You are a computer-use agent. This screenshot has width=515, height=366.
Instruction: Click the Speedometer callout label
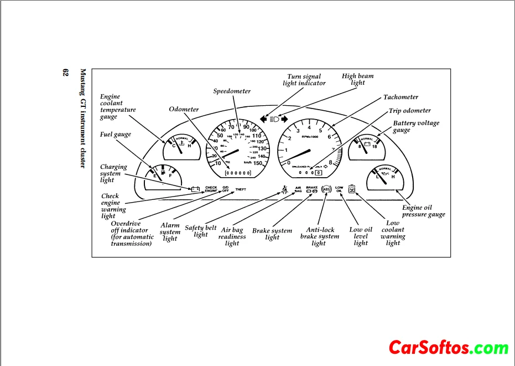pos(232,91)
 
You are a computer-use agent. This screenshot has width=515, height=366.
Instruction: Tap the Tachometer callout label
pos(400,97)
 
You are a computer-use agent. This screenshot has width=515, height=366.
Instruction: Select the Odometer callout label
pos(184,110)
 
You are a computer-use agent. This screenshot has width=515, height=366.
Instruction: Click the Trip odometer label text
pos(409,111)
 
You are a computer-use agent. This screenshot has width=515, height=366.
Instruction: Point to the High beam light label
pos(357,80)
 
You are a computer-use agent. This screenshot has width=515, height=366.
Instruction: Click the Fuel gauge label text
pos(115,135)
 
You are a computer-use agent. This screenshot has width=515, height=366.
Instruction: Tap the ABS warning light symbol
pos(325,189)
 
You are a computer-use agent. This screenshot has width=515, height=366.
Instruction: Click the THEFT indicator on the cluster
pos(241,189)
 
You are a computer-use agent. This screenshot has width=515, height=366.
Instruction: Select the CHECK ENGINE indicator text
pos(211,189)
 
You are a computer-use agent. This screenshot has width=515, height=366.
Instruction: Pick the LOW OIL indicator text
pos(339,189)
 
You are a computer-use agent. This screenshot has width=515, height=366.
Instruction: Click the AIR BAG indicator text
pos(298,189)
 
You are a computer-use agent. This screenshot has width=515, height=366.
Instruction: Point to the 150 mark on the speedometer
pos(257,163)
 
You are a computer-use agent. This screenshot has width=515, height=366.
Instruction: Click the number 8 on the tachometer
pos(331,162)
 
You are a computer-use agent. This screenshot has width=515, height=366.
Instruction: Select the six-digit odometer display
pos(238,173)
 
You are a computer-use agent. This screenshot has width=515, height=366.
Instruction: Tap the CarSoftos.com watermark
pos(448,348)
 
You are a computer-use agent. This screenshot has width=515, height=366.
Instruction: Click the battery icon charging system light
pos(195,189)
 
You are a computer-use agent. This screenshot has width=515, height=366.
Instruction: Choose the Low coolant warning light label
pos(393,233)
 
